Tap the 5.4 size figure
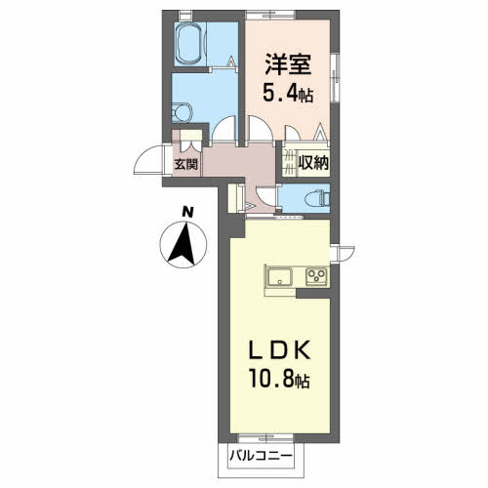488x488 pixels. [279, 94]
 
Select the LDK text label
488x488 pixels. [279, 351]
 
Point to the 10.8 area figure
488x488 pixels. [271, 379]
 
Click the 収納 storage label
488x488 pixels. [313, 163]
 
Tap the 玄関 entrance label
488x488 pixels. [186, 164]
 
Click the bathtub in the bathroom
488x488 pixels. [189, 45]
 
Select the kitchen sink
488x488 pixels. [280, 276]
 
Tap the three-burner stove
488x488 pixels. [316, 276]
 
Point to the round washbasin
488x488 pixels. [182, 112]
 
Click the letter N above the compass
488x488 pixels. [187, 212]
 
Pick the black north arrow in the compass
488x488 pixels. [183, 243]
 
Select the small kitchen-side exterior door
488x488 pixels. [343, 253]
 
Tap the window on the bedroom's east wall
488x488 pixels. [335, 77]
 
